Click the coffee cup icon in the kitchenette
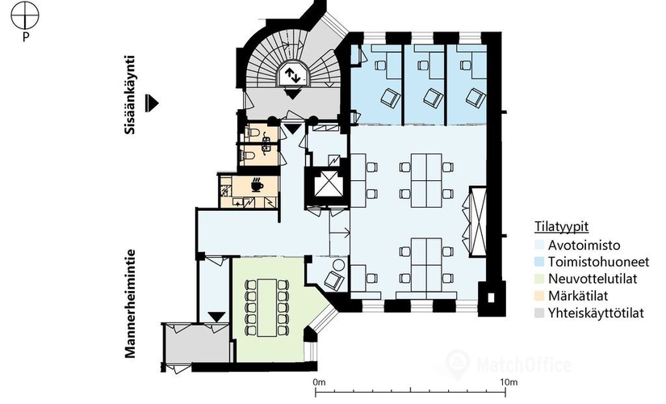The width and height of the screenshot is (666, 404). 257,185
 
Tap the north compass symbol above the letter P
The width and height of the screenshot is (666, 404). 25,15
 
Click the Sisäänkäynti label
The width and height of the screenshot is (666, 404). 130,95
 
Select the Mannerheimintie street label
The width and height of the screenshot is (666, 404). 130,303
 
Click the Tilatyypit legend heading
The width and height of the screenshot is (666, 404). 561,227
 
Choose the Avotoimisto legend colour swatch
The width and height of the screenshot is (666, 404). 539,245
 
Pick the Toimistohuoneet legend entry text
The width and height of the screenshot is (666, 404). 598,262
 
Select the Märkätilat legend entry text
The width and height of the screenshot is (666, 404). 578,296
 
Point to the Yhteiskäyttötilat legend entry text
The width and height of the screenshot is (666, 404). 596,313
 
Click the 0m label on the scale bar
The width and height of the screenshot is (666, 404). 319,382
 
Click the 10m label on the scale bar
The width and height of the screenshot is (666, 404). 508,382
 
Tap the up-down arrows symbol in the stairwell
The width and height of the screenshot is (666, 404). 292,75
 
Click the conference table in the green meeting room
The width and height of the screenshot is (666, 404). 266,307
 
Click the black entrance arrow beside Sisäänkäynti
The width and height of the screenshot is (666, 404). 152,103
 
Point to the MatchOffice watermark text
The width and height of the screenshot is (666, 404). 524,365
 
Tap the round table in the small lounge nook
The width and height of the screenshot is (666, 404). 338,266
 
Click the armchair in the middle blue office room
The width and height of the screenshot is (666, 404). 433,98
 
